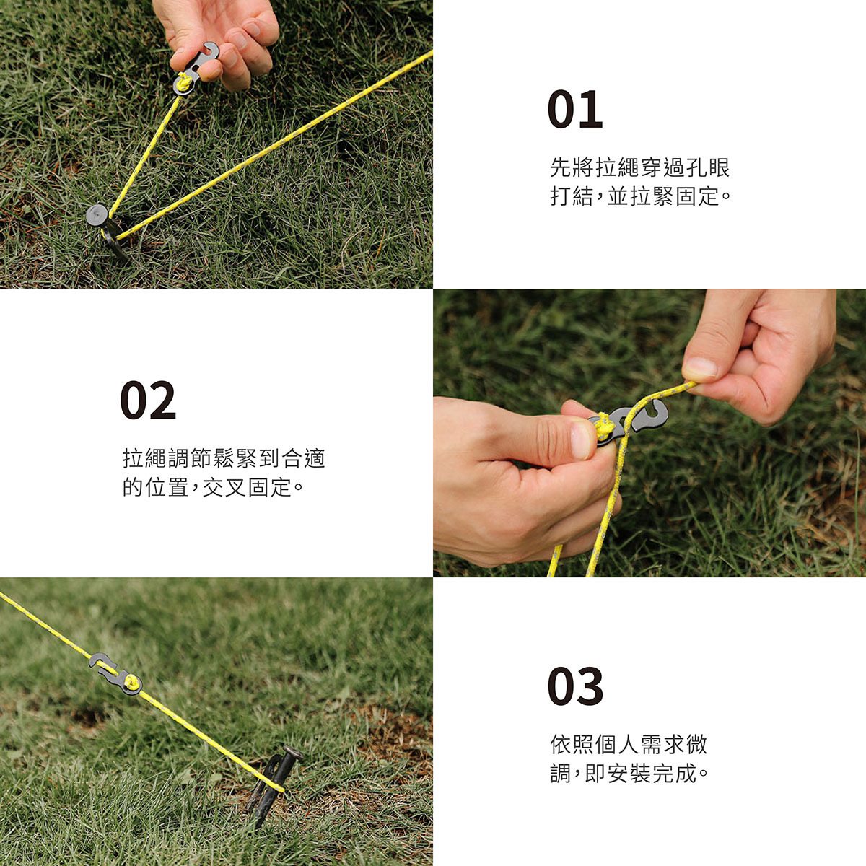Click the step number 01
coord(574,109)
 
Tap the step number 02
coord(148,400)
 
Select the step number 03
coord(575,686)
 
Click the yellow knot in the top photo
coord(183,82)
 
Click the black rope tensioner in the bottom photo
coord(116,673)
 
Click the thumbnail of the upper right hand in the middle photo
coord(699,367)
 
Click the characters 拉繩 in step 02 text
coord(144,458)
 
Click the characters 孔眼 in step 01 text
coord(707,167)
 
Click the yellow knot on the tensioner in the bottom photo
coord(131,683)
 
